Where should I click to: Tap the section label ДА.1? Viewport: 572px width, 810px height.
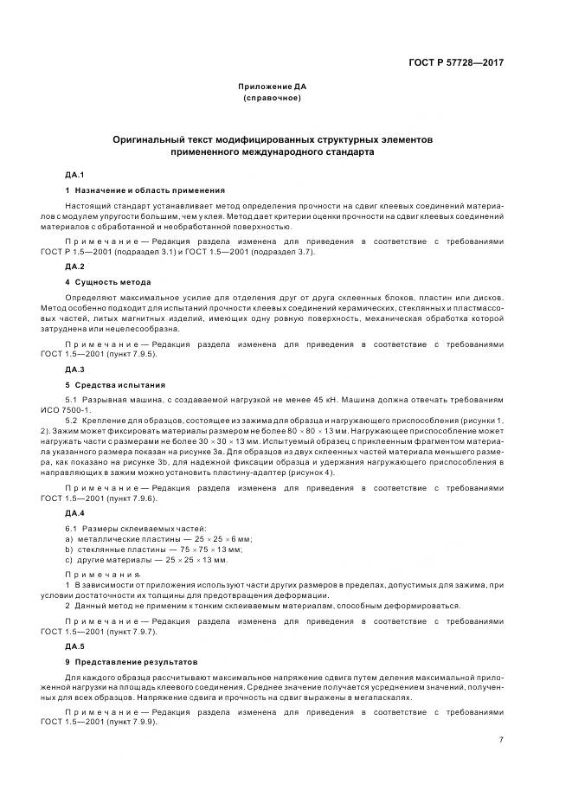75,176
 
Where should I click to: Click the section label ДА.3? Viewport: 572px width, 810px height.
75,370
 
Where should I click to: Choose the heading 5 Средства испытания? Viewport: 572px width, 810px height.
116,383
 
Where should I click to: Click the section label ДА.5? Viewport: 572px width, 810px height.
75,646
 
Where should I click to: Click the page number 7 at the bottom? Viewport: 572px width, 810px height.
502,740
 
